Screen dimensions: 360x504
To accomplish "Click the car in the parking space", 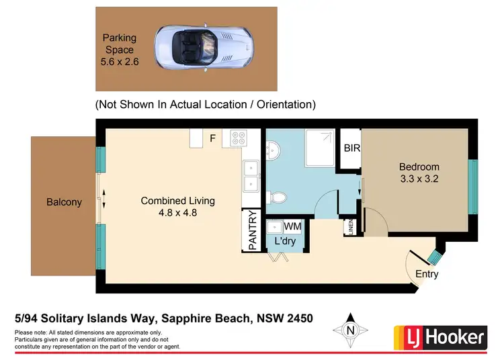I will pos(187,48).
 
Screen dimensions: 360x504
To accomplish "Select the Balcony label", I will pos(64,201).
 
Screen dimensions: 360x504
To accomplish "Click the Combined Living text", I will pos(177,200).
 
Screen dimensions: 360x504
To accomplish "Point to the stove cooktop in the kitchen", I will pos(239,139).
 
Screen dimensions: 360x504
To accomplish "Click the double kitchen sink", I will pos(251,176).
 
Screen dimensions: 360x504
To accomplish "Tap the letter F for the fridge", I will pos(212,139).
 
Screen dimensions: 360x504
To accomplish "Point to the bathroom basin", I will pos(274,150).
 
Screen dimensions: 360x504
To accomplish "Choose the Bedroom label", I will pos(419,167).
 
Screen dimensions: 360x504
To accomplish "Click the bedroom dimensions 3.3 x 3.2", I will pos(419,179).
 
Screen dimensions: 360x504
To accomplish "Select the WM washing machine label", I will pos(293,227).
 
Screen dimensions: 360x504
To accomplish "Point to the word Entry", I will pos(427,274).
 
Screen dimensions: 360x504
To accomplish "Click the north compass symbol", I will pos(349,330).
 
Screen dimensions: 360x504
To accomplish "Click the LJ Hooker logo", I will pos(439,335).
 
